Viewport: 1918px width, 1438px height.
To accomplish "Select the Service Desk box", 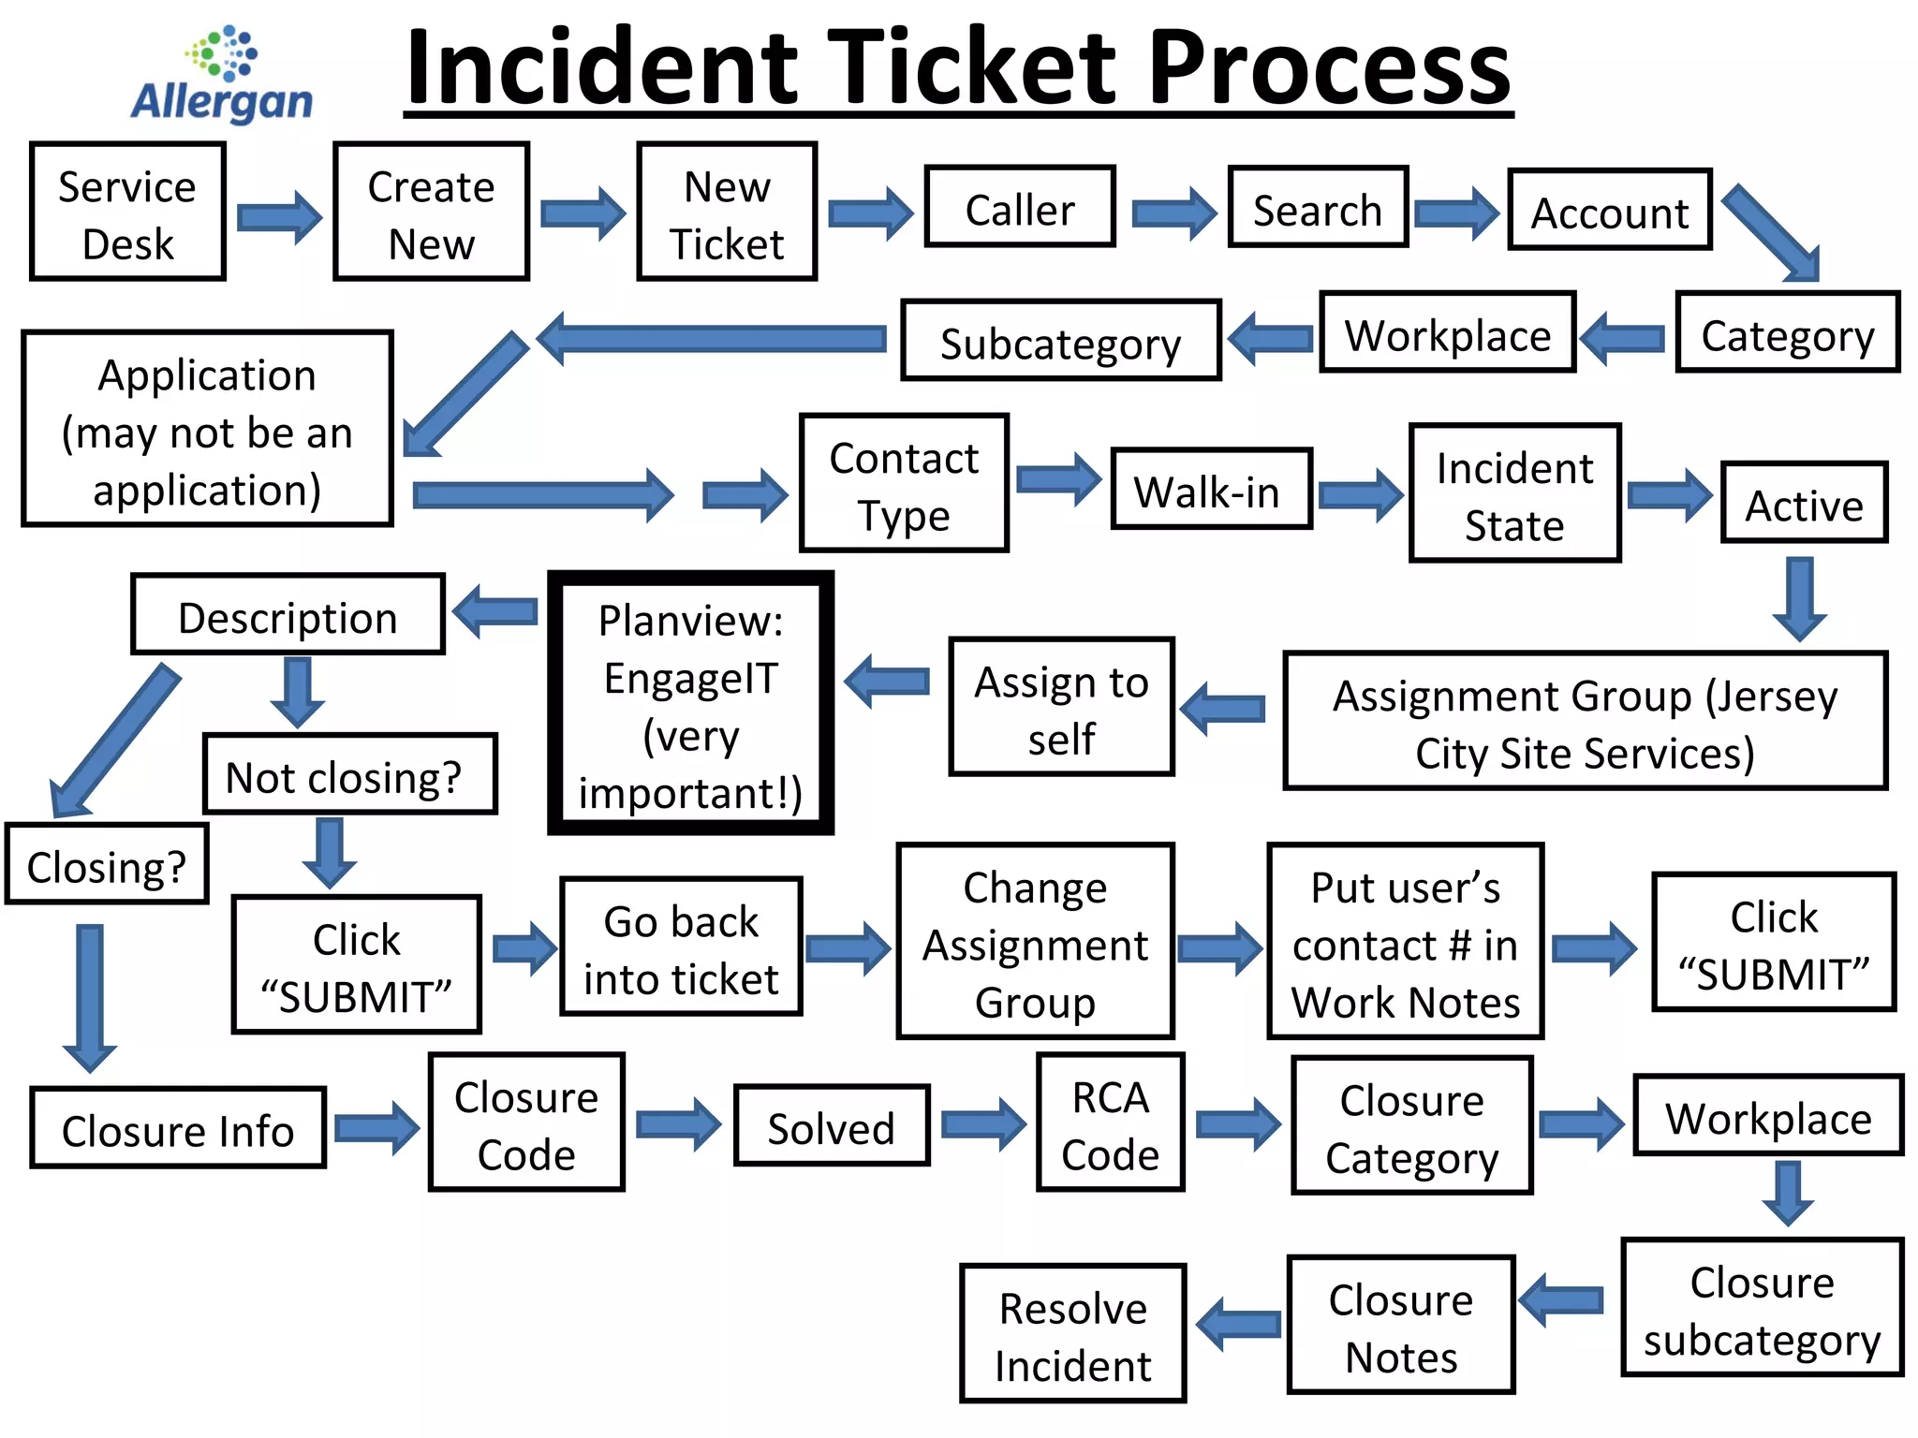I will coord(127,212).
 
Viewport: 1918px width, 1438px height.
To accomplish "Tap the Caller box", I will coord(1019,207).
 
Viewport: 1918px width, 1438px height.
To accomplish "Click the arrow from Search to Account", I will coord(1456,213).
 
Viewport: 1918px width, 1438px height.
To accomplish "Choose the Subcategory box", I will coord(1060,341).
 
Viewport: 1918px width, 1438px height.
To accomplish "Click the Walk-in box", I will coord(1210,489).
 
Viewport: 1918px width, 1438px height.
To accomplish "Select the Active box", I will coord(1803,503).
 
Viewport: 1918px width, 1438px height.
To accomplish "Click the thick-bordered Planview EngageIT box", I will coord(691,703).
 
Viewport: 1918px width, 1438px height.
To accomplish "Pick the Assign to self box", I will coord(1061,707).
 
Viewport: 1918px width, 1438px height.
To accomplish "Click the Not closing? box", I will coord(348,774).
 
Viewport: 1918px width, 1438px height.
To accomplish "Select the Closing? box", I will coord(106,864).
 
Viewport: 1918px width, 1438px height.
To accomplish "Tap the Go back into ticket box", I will coord(681,947).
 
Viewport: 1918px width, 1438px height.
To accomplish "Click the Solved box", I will coord(832,1125).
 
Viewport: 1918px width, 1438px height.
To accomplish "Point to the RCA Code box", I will coord(1110,1123).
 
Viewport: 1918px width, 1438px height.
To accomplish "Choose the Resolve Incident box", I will coord(1072,1333).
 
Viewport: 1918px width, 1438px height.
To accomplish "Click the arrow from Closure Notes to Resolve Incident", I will coord(1238,1324).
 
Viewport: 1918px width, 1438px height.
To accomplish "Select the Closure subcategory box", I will coord(1762,1308).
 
